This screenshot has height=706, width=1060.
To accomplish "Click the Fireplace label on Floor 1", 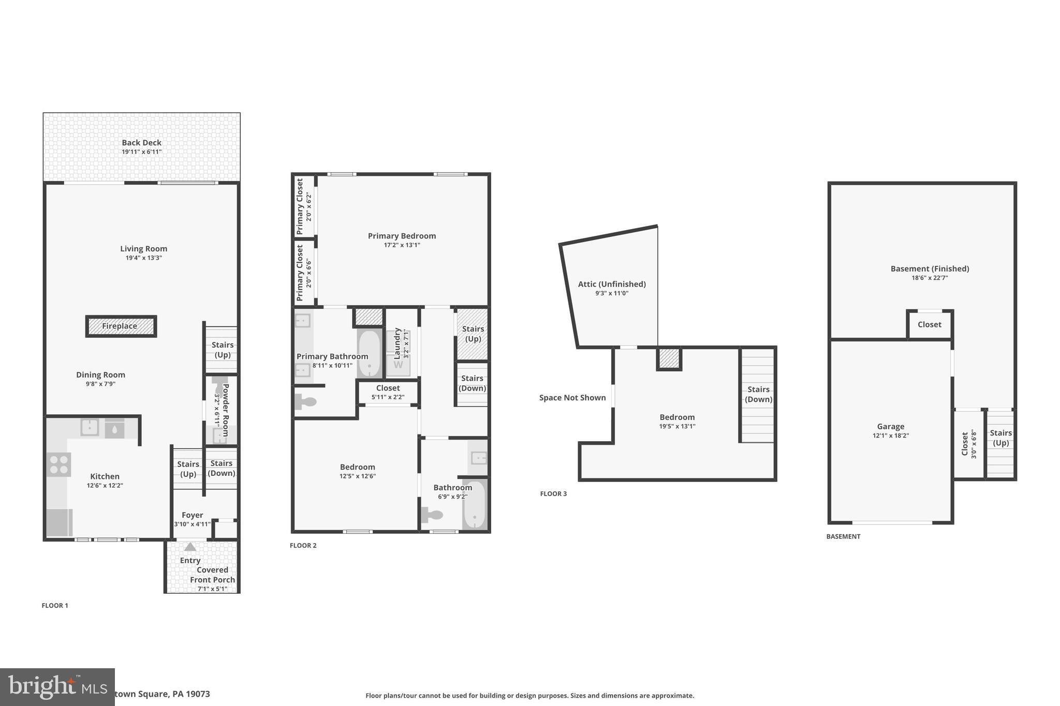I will (x=120, y=326).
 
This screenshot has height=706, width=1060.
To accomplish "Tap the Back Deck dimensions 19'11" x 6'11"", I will (x=141, y=152).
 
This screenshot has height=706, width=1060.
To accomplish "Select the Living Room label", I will (x=143, y=249).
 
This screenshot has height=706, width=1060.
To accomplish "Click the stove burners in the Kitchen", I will (x=58, y=464).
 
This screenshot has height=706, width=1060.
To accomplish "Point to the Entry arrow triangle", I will (x=190, y=547).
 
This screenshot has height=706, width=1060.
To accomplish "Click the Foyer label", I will (x=192, y=515).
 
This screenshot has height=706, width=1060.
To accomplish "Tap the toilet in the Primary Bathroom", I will (x=305, y=401).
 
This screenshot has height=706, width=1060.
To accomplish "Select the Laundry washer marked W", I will (x=398, y=365).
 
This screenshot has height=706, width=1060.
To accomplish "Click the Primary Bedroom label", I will (x=402, y=236).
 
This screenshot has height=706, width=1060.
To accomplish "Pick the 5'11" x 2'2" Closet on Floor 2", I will (x=388, y=392).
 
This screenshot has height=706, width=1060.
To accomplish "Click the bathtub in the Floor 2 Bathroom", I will (x=474, y=505).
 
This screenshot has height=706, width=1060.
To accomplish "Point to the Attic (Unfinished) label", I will (x=612, y=284).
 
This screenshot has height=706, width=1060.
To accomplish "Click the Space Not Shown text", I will (x=572, y=398).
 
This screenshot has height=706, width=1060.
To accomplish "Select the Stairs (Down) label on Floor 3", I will (x=758, y=394).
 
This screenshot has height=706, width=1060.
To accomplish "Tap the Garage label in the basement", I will (x=890, y=427).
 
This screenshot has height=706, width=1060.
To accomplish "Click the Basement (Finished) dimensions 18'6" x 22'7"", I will (x=930, y=278).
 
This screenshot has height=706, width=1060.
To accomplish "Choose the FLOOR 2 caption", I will (x=303, y=546).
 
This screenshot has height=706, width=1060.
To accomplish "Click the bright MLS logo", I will (x=57, y=686).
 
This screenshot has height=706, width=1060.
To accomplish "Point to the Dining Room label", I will (x=100, y=375).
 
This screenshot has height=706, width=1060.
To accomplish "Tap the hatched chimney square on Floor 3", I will (x=669, y=358).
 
